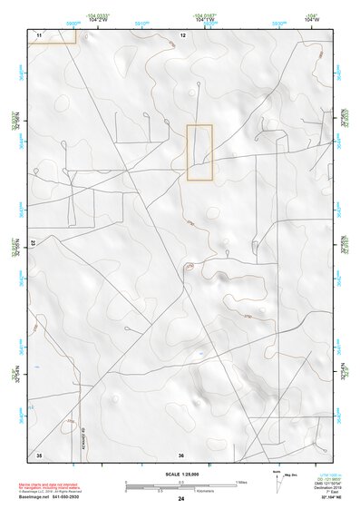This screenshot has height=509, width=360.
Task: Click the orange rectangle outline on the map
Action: tap(199, 152)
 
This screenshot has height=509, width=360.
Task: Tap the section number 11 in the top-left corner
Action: tap(39, 34)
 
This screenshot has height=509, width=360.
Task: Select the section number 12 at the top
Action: tap(182, 34)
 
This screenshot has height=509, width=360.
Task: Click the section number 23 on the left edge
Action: tap(33, 244)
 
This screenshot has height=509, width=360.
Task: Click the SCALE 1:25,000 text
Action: tap(180, 474)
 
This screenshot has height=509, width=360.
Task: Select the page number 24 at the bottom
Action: tap(181, 498)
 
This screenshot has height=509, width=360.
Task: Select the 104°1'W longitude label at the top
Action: tap(206, 18)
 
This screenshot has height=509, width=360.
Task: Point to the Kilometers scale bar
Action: tap(181, 490)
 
